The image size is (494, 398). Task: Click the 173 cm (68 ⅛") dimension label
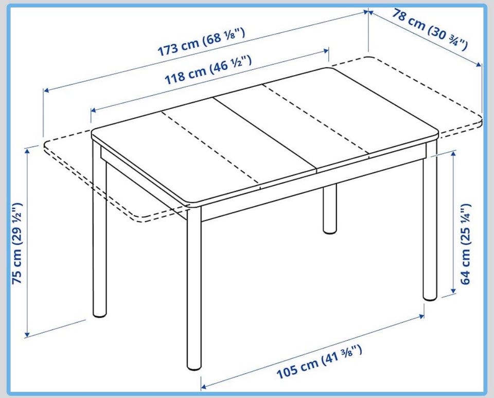[201, 42]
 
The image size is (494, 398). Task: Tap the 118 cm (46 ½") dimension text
[208, 70]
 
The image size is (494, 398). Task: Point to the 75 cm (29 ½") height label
[17, 243]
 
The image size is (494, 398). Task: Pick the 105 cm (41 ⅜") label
[319, 361]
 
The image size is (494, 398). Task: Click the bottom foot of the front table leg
[194, 367]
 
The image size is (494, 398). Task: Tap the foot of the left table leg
[100, 314]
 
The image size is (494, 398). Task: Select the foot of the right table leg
[430, 297]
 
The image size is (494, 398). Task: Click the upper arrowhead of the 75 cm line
[27, 151]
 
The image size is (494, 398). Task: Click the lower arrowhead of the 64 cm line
[454, 291]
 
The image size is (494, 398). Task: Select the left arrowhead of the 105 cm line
[204, 386]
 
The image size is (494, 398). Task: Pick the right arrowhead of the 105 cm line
[421, 316]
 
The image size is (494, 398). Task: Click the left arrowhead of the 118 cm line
[94, 110]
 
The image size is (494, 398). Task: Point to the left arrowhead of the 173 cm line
[46, 91]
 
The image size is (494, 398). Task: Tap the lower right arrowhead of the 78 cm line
[479, 65]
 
